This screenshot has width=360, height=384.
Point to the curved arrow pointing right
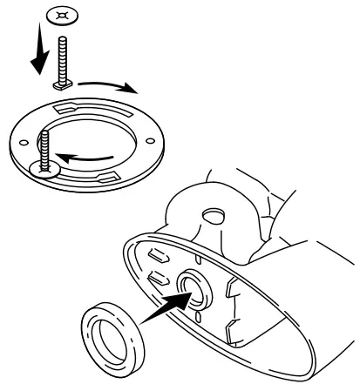105,85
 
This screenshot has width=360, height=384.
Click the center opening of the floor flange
97,138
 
